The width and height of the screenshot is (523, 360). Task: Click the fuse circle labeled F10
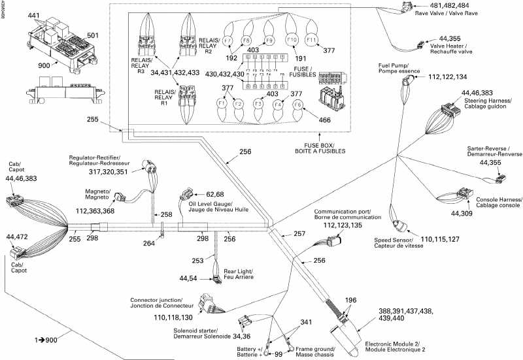(x=293, y=41)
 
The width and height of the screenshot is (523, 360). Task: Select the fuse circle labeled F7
(x=228, y=41)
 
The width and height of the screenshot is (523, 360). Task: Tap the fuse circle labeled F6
(x=298, y=104)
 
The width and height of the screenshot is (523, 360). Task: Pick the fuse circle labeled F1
(x=222, y=104)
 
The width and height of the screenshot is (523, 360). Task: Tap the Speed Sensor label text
(x=392, y=242)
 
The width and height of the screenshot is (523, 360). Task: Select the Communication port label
(x=343, y=216)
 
